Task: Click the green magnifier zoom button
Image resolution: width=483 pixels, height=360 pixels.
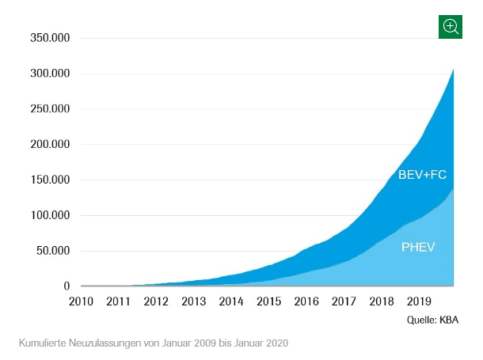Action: point(451,26)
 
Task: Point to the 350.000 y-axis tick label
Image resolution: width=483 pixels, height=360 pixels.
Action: point(50,38)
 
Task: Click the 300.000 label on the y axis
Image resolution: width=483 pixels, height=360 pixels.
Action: point(50,74)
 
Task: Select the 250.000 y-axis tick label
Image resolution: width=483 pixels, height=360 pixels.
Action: point(50,109)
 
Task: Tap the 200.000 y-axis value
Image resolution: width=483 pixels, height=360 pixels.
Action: point(50,145)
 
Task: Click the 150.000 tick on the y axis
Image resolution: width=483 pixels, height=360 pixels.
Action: point(50,180)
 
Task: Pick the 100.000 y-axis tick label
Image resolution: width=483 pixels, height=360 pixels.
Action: point(50,215)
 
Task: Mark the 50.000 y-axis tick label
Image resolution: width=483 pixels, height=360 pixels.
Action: point(53,251)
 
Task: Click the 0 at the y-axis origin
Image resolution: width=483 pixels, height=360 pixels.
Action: point(67,286)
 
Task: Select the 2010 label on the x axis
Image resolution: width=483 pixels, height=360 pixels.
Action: point(82,301)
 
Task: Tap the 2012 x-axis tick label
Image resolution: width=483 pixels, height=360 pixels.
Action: point(156,301)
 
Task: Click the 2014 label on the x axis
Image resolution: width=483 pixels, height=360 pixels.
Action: point(231,301)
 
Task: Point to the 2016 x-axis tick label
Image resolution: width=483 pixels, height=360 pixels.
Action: point(306,301)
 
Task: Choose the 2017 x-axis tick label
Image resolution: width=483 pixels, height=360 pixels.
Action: point(344,301)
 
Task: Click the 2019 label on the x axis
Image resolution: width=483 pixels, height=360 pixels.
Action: point(418,301)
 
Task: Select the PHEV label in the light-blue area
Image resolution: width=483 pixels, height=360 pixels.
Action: point(418,247)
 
